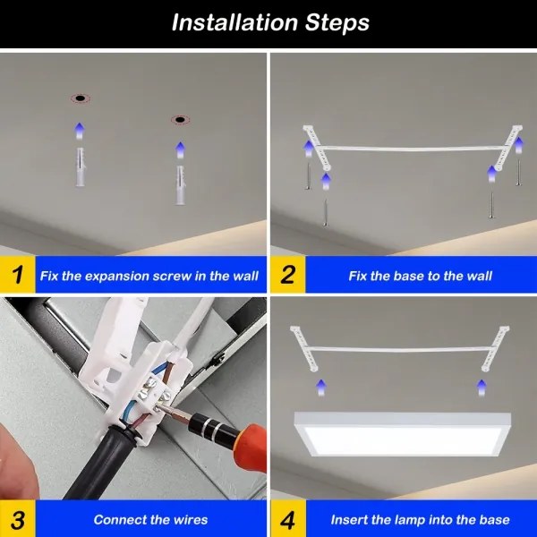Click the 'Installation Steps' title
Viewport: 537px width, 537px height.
pyautogui.click(x=269, y=22)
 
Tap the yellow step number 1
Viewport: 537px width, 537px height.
pyautogui.click(x=16, y=275)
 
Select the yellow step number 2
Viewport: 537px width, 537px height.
pyautogui.click(x=287, y=275)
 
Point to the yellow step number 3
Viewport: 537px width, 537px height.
pyautogui.click(x=16, y=519)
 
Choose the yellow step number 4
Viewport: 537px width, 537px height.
pyautogui.click(x=287, y=519)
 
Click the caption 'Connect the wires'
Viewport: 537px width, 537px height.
pyautogui.click(x=150, y=519)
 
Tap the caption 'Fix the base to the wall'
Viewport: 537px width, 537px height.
pyautogui.click(x=420, y=276)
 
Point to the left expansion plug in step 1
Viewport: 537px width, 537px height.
pyautogui.click(x=79, y=167)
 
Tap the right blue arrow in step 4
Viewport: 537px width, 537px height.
pyautogui.click(x=481, y=387)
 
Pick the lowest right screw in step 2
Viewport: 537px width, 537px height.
pyautogui.click(x=490, y=202)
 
